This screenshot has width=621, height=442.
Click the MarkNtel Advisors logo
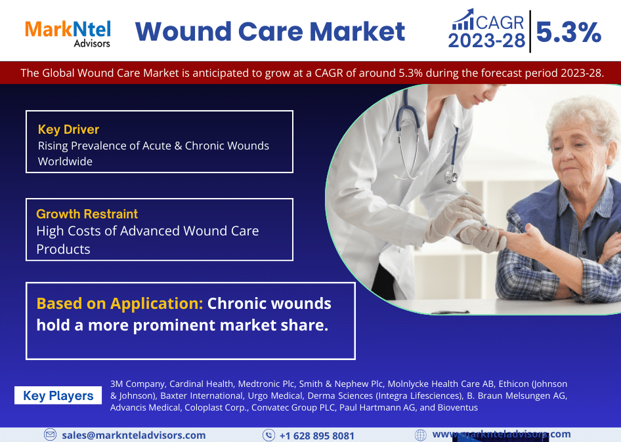coord(68,34)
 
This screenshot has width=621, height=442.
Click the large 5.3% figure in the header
coord(568,32)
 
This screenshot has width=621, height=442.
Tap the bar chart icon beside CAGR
coord(463,20)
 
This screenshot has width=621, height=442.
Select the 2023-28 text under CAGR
coord(486,41)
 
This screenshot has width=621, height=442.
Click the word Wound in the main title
coord(183,31)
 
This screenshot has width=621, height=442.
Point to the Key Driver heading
coord(68,129)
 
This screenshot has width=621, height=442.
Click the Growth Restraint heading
coord(87,214)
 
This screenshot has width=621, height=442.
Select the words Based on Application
coord(119,304)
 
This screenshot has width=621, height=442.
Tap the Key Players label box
coord(58,395)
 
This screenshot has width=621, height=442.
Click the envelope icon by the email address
coord(50,435)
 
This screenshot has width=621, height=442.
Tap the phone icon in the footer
coord(268,435)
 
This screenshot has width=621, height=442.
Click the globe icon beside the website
coord(421,435)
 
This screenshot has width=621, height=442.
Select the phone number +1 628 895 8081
coord(317,436)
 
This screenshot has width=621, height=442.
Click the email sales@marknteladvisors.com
coord(134,435)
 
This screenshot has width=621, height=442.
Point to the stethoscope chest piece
coord(450,176)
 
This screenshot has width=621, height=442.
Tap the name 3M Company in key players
coord(137,384)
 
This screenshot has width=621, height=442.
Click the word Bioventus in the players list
coord(458,408)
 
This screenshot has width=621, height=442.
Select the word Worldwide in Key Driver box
coord(66,161)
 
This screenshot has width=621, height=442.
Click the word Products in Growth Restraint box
coord(64,249)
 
